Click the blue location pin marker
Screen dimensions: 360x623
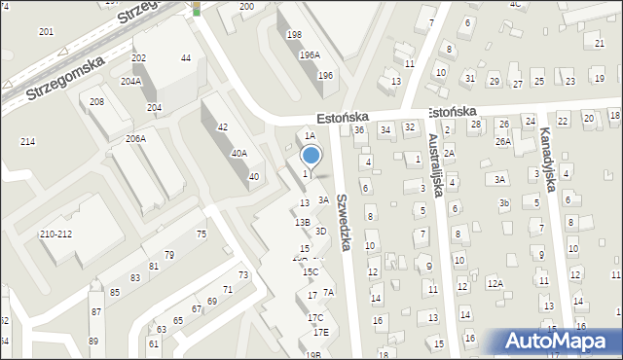pyautogui.click(x=311, y=156)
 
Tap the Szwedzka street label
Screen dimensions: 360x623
pyautogui.click(x=343, y=222)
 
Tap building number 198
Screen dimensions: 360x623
pyautogui.click(x=294, y=35)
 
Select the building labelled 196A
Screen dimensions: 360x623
pyautogui.click(x=310, y=55)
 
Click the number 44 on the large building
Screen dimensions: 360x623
pyautogui.click(x=186, y=58)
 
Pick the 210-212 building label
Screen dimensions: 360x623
pyautogui.click(x=55, y=234)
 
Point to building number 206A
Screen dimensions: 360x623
pyautogui.click(x=135, y=139)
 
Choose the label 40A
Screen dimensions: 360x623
pyautogui.click(x=238, y=154)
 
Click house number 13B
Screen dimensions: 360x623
pyautogui.click(x=303, y=223)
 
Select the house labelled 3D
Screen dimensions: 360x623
pyautogui.click(x=320, y=231)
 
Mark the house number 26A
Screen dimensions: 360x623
pyautogui.click(x=502, y=141)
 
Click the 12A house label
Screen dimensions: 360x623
pyautogui.click(x=495, y=284)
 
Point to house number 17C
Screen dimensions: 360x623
pyautogui.click(x=315, y=318)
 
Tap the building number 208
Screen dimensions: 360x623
pyautogui.click(x=96, y=102)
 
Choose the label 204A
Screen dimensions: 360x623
pyautogui.click(x=130, y=82)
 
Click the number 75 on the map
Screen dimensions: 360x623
pyautogui.click(x=202, y=234)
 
